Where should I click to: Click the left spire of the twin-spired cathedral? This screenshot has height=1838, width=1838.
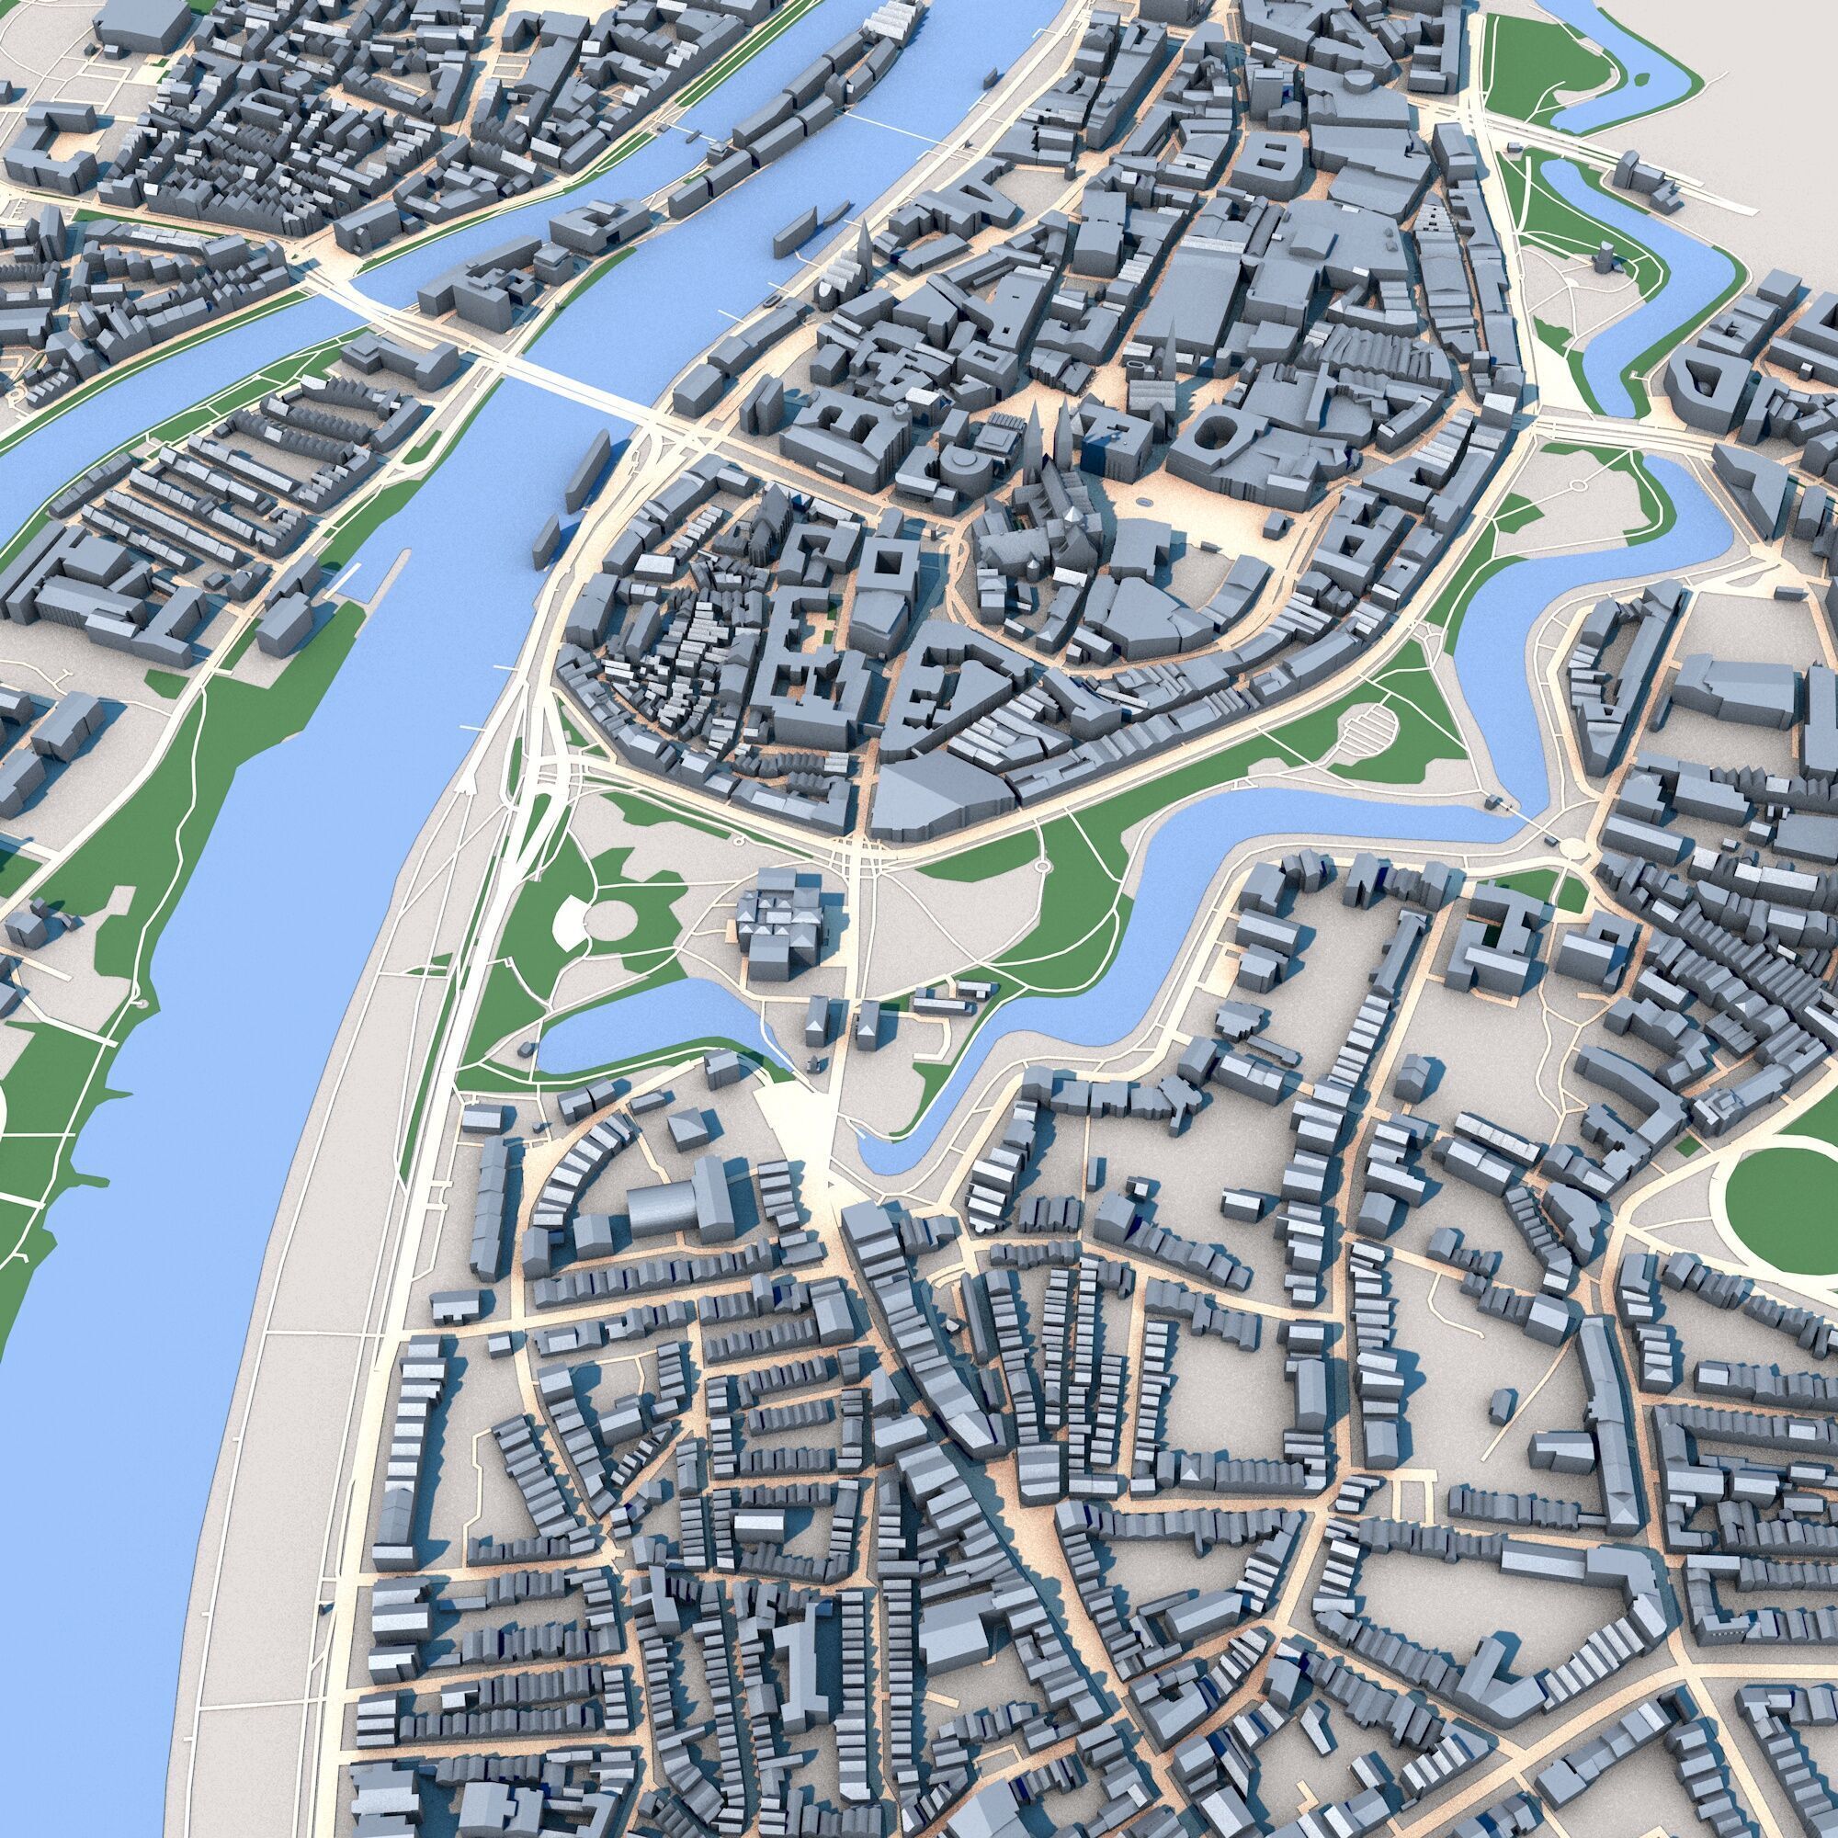click(1035, 433)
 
